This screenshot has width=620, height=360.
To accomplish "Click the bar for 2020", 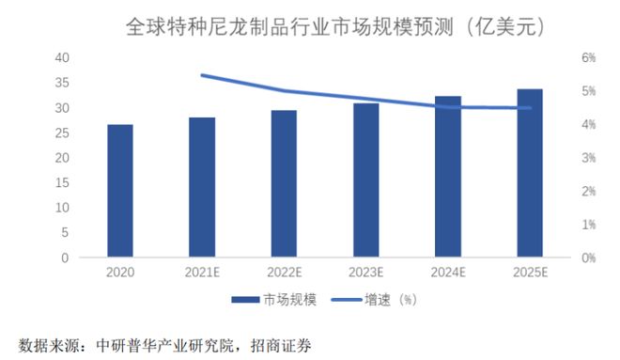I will tap(119, 191).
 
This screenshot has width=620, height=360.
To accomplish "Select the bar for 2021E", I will tap(202, 187).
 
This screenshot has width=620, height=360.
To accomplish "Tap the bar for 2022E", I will tap(284, 183).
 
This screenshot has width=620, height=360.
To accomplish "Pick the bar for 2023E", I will tap(366, 180).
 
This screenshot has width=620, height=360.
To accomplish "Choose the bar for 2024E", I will tap(448, 177).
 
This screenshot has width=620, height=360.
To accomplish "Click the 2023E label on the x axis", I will tap(366, 272).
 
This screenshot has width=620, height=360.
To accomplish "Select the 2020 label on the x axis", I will tap(119, 272).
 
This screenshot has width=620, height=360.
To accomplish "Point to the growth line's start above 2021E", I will tap(203, 75).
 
